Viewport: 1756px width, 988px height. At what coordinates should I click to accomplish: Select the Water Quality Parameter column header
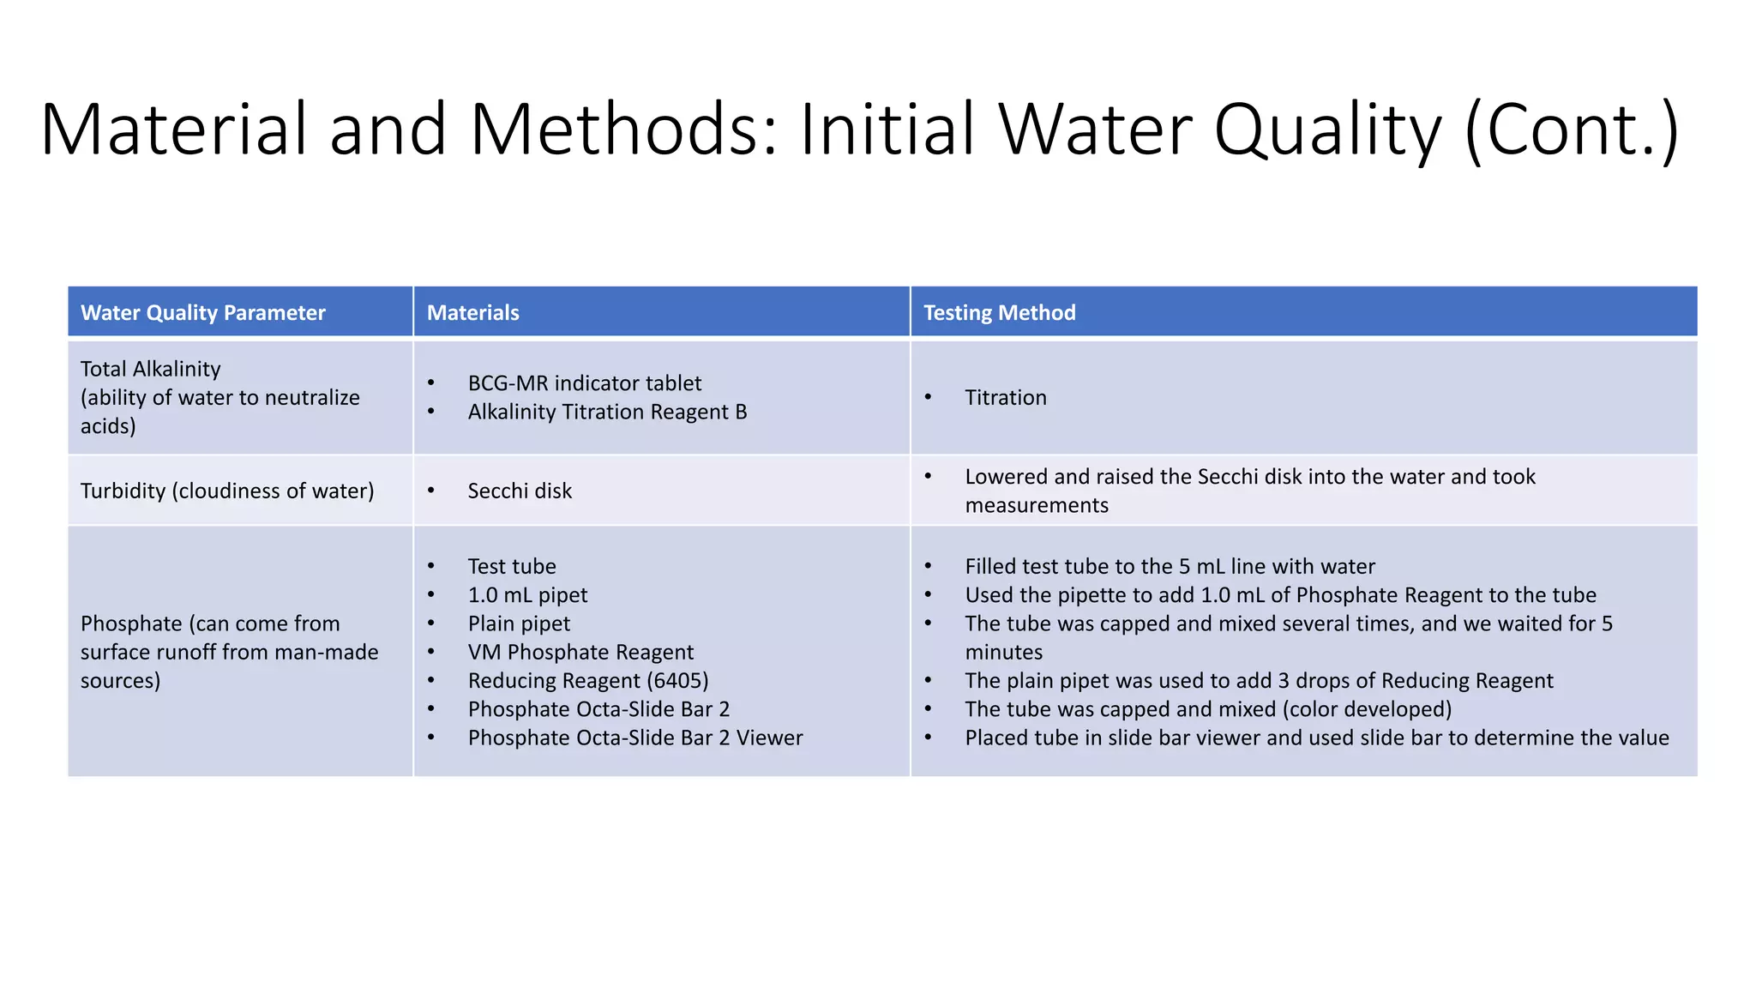point(203,313)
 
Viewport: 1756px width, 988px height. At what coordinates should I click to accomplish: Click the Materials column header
point(473,313)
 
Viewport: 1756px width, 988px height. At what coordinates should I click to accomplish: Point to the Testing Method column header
point(999,313)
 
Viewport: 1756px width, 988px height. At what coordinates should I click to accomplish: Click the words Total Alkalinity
point(151,369)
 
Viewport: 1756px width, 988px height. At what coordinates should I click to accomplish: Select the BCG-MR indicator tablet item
point(584,383)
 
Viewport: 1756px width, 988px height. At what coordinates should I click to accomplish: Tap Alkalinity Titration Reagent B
point(607,412)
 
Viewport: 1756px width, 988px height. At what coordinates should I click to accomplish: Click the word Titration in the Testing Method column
point(1006,398)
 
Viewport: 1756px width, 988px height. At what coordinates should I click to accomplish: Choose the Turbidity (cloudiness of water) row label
point(227,491)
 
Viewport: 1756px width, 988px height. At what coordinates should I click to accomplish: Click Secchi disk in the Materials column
point(520,491)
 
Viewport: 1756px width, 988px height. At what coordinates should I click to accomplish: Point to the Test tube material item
point(512,566)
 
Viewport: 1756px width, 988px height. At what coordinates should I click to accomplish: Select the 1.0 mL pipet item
point(527,595)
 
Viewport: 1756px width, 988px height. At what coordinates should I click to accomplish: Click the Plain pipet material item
point(519,624)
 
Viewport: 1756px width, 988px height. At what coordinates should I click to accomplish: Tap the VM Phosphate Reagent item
point(580,653)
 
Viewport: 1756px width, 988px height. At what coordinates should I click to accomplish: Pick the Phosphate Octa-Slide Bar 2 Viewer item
point(635,738)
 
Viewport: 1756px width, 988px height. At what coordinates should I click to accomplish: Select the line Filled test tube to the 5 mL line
point(1170,566)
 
